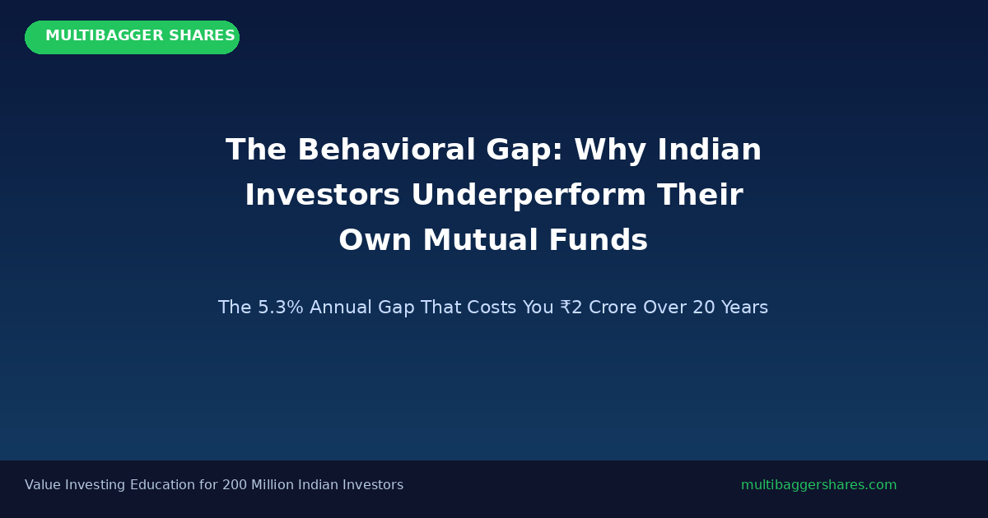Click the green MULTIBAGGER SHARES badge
132,38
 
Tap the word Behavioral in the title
386,150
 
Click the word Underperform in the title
529,195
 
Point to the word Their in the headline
700,194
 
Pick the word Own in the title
375,240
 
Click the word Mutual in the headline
481,240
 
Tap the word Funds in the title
599,240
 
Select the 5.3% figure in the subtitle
281,308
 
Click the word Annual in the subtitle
341,308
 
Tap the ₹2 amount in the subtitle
571,308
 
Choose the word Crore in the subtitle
613,308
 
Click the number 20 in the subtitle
703,308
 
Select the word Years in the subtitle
744,308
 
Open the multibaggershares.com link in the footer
818,485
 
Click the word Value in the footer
42,485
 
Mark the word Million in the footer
273,485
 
